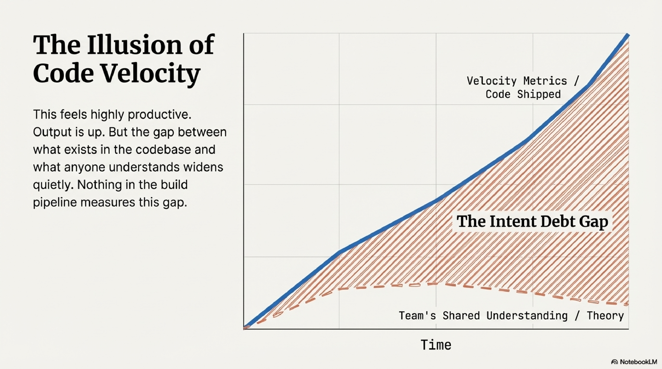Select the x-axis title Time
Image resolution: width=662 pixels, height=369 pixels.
(436, 345)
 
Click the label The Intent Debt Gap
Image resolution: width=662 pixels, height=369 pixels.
(532, 221)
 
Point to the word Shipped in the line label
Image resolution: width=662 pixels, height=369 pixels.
(539, 94)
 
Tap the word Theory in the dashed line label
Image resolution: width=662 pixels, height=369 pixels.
(605, 316)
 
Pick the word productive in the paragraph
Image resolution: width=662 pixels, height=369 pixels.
(159, 114)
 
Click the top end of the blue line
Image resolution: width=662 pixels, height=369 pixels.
(628, 36)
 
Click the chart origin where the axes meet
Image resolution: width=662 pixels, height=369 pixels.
(244, 329)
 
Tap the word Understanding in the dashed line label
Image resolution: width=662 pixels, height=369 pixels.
(527, 316)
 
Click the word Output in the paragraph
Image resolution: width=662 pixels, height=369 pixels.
(52, 132)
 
